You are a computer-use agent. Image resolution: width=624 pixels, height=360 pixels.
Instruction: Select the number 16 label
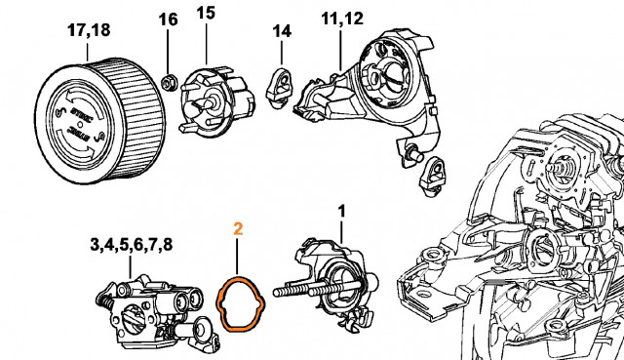tap(168, 20)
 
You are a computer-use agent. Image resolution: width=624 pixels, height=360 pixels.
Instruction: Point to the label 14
tap(281, 31)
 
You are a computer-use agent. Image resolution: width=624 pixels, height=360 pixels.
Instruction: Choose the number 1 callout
tap(340, 210)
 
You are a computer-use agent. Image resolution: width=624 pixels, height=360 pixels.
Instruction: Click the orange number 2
tap(238, 231)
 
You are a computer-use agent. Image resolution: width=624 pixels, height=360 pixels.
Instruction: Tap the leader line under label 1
tap(340, 231)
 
